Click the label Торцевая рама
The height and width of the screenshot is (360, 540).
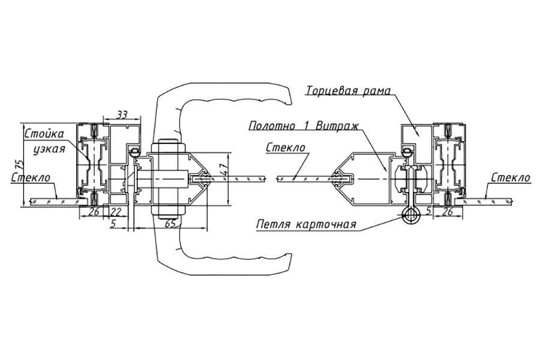coord(349,91)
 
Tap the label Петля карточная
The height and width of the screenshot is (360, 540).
coord(306,224)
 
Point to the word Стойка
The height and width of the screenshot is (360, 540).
coord(44,134)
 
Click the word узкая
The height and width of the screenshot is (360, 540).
coord(49,149)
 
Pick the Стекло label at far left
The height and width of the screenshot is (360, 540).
coord(31,178)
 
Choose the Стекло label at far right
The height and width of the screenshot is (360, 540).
coord(511,178)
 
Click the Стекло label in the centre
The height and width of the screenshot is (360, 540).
coord(286,148)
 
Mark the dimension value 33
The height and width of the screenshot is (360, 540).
coord(121,115)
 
